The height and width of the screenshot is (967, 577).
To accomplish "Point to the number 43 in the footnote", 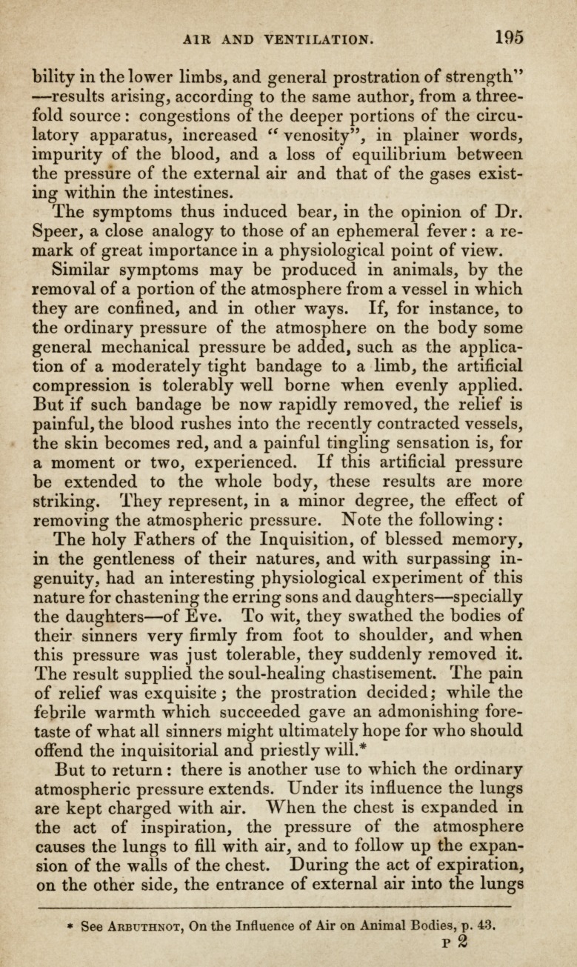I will click(x=485, y=926).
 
